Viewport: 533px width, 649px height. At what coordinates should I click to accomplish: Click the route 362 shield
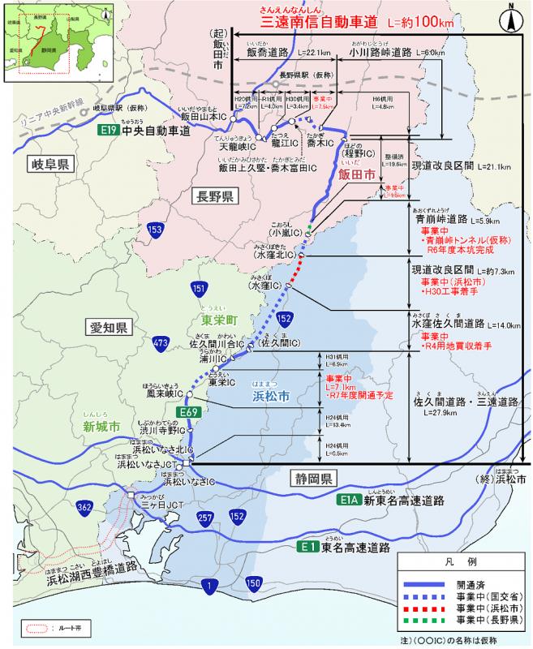84,508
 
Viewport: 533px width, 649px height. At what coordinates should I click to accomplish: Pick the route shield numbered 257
204,516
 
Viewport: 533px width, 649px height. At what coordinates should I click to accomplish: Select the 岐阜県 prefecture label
49,164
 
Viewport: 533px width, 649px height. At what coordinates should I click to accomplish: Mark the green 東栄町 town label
208,320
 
